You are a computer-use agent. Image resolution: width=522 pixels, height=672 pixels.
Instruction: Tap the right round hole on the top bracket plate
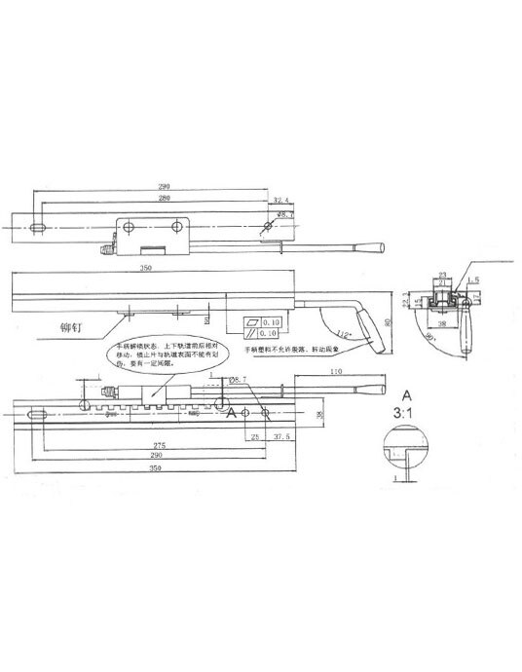pyautogui.click(x=176, y=227)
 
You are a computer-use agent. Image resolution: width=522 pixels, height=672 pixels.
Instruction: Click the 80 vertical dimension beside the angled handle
pyautogui.click(x=386, y=320)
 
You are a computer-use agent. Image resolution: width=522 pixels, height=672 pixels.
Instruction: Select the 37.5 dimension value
pyautogui.click(x=283, y=437)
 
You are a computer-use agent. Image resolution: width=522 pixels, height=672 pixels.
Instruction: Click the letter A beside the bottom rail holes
pyautogui.click(x=232, y=412)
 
